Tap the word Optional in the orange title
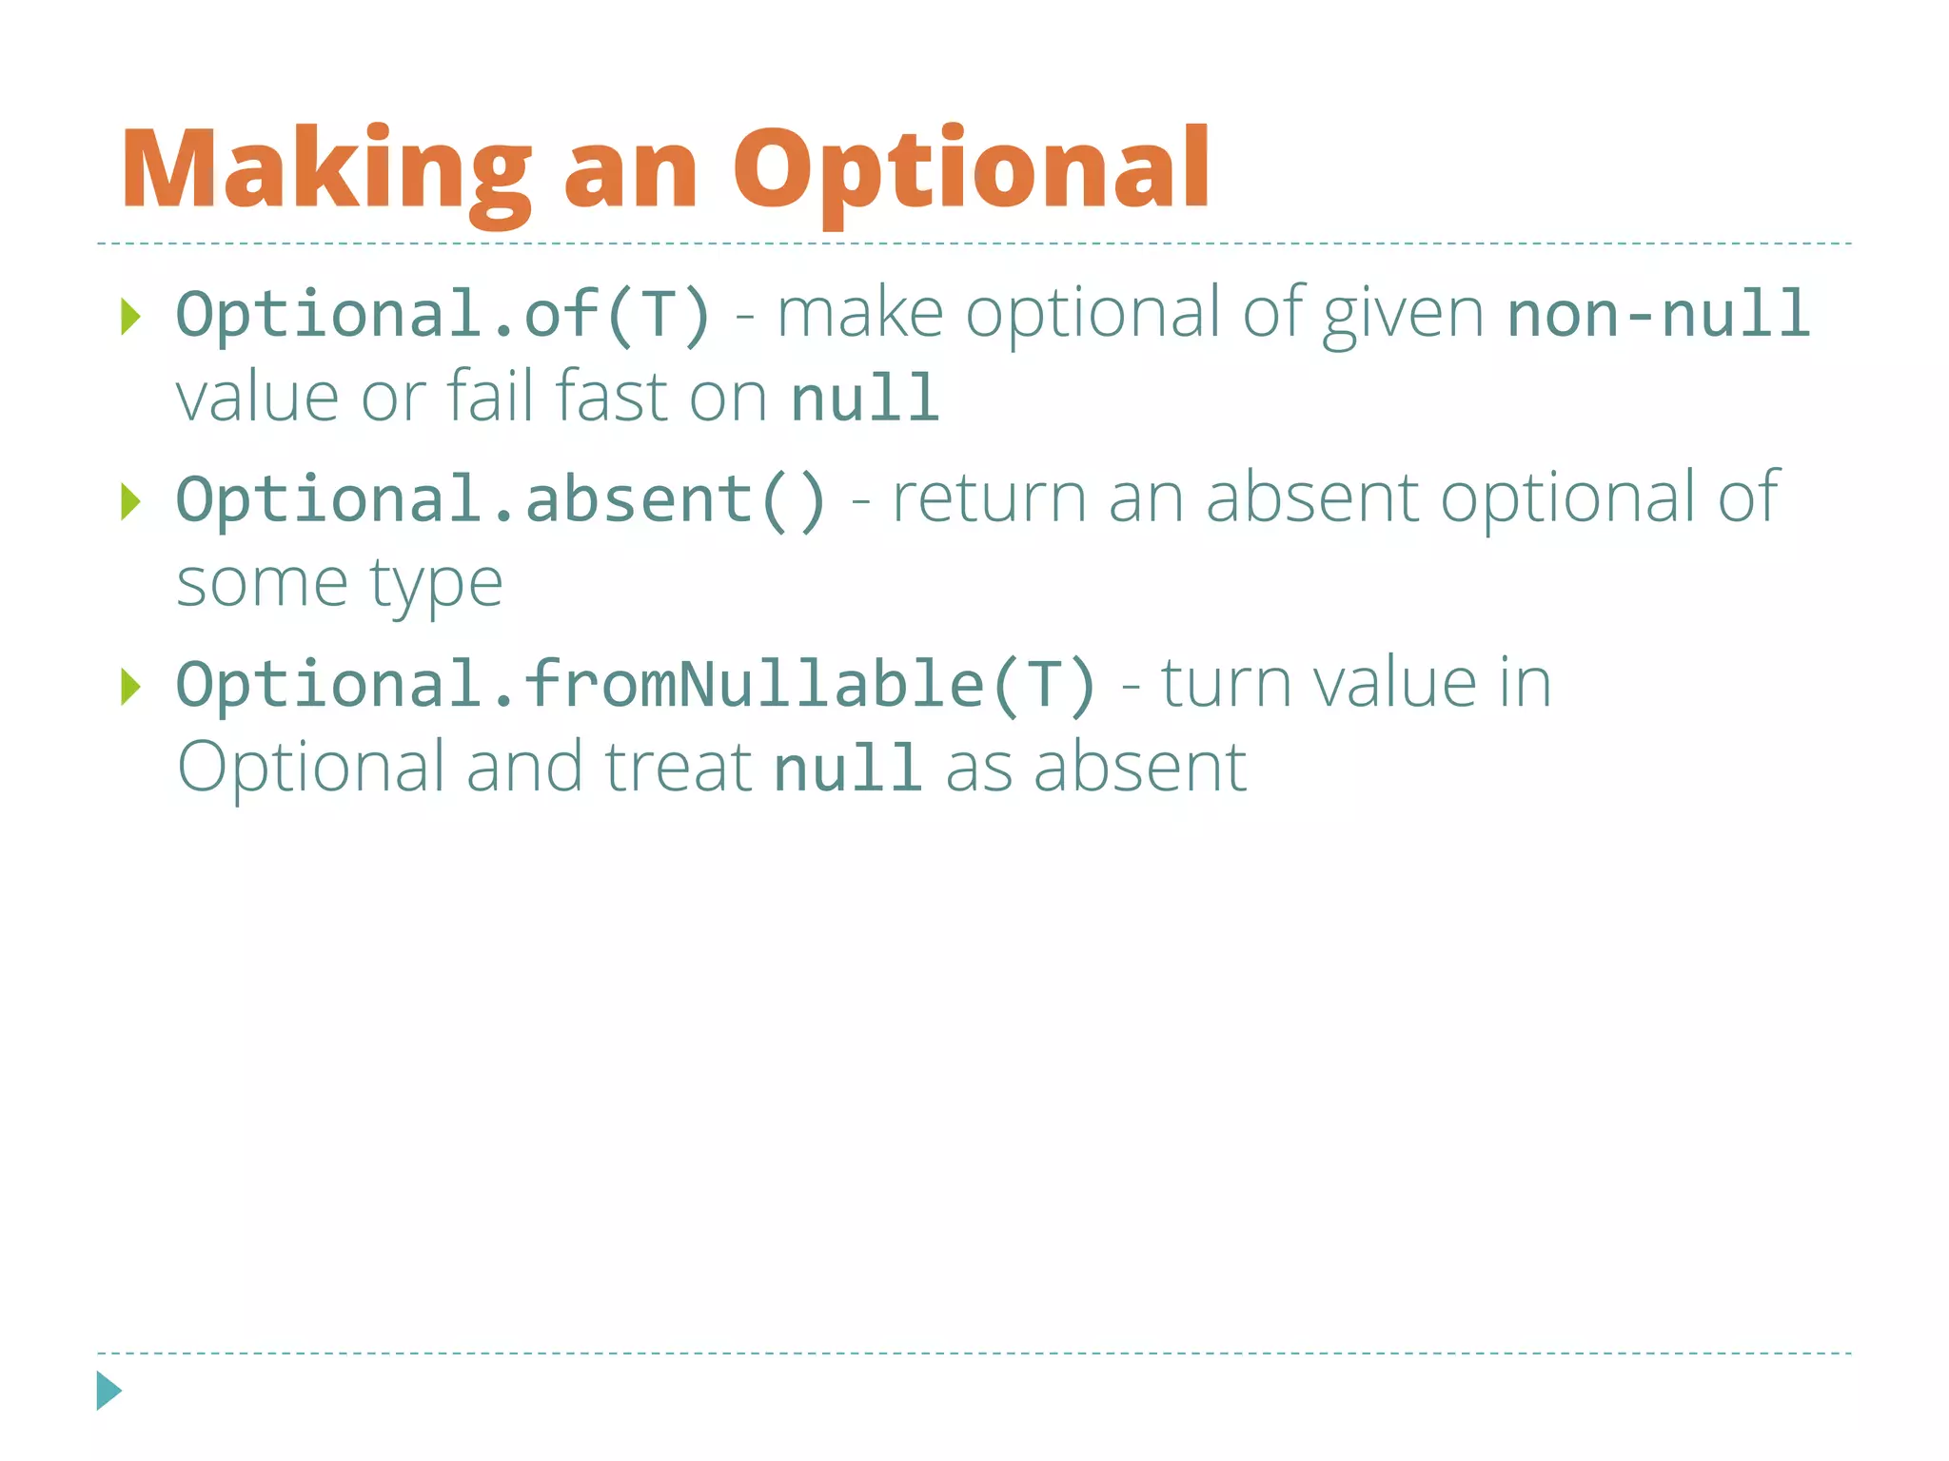click(x=971, y=171)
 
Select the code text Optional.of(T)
click(x=443, y=314)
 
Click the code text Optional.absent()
click(x=501, y=499)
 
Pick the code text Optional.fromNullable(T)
click(x=637, y=684)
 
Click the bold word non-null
click(x=1658, y=314)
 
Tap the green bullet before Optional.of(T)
click(x=131, y=316)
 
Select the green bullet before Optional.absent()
click(x=131, y=501)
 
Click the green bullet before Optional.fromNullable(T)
click(x=131, y=686)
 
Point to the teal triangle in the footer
click(x=108, y=1391)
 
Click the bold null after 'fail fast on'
click(x=865, y=398)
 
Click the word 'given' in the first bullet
click(x=1403, y=314)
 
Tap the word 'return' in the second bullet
click(x=989, y=498)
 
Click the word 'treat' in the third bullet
click(x=679, y=767)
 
